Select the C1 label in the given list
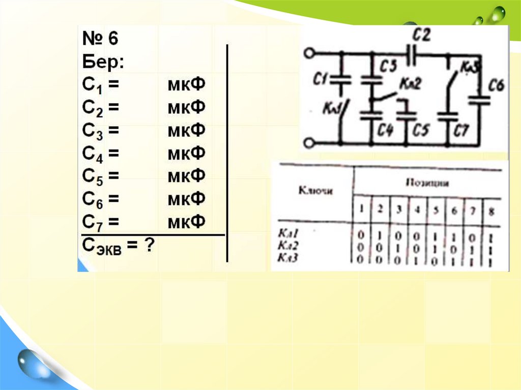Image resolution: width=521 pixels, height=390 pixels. pos(94,85)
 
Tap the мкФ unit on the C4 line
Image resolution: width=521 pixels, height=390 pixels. pos(186,153)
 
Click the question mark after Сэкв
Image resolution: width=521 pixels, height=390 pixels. pos(148,246)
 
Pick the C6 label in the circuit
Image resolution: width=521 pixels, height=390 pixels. pos(496,85)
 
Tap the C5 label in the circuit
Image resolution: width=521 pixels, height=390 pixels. pos(420,131)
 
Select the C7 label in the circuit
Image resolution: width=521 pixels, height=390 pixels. pos(461,131)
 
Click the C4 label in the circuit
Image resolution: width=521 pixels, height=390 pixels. pos(385,131)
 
